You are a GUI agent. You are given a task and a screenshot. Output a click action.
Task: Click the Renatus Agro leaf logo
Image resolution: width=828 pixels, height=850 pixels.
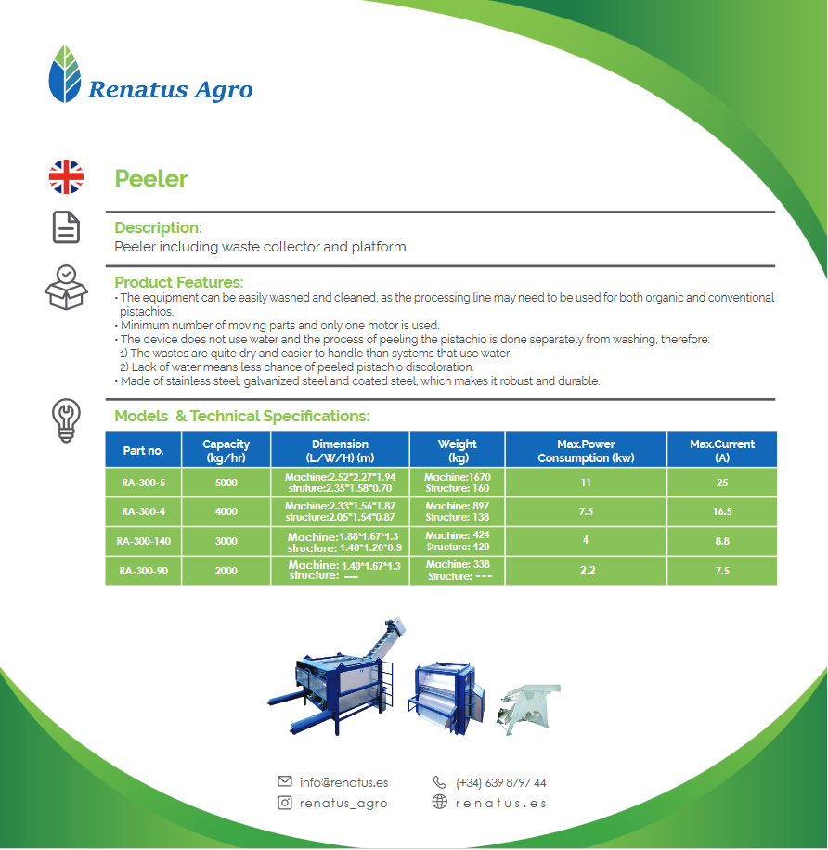pos(65,73)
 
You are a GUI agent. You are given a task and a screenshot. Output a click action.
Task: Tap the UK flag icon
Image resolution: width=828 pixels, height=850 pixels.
pos(66,176)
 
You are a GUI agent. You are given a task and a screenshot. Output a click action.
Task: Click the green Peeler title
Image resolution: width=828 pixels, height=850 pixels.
pos(150,179)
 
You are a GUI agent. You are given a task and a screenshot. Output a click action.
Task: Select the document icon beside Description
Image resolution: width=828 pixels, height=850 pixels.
pos(66,227)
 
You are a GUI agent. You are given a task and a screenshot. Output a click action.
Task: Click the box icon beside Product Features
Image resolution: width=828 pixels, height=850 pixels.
pos(66,288)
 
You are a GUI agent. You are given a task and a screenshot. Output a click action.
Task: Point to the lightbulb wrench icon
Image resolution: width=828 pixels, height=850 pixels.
pos(66,420)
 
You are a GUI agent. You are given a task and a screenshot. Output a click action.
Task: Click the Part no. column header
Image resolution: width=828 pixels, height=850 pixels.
pos(143,450)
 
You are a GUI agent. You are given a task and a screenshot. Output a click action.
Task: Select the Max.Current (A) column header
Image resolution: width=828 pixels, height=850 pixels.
pos(722,450)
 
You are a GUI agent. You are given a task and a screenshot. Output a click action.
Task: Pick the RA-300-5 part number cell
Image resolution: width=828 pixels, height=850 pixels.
pos(143,483)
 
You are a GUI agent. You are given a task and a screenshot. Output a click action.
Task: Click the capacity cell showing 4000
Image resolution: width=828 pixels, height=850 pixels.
pos(226,511)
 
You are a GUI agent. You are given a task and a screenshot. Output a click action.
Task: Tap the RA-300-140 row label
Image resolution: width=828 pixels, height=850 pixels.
pos(143,541)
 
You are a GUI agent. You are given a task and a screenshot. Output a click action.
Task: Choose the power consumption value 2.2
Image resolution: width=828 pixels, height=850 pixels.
pos(588,571)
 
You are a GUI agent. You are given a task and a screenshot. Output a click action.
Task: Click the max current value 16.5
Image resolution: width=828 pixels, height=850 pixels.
pos(722,511)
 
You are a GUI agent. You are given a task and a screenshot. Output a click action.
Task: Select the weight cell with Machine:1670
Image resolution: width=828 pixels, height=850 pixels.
pos(457,483)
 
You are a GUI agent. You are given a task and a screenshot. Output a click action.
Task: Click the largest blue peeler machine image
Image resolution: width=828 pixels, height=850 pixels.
pos(337,676)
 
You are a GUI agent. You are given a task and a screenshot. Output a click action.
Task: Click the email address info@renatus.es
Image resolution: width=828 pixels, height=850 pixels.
pos(343,782)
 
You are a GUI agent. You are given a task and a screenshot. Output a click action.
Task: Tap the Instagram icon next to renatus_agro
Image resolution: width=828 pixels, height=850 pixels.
pos(285,803)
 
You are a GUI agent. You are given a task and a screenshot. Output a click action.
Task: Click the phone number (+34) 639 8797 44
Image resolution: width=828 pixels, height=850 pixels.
pos(500,783)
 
